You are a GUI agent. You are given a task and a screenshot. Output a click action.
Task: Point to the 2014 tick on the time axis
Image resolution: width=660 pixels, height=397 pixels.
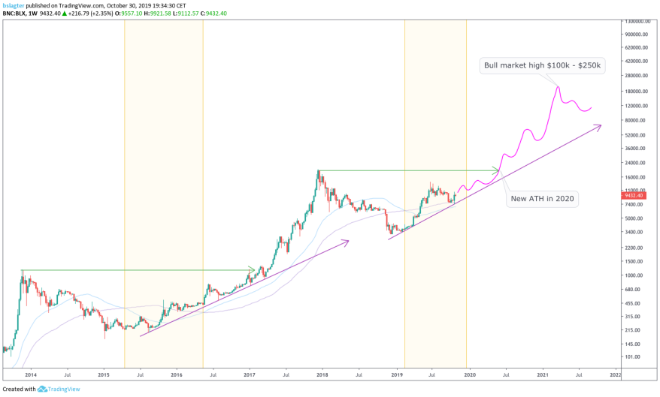point(31,373)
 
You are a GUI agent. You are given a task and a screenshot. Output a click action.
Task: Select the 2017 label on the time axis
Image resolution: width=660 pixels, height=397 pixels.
point(250,373)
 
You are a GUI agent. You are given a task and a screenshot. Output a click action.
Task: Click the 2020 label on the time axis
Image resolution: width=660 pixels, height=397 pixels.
point(469,373)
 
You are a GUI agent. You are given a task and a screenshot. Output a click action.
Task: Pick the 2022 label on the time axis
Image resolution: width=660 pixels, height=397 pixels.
point(614,373)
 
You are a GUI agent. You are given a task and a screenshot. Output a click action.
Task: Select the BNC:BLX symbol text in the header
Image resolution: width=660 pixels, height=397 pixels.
point(16,13)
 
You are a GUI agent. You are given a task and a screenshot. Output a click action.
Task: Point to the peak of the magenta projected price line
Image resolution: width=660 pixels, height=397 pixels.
point(558,86)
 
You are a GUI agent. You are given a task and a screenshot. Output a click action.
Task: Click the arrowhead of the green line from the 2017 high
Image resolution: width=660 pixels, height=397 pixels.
point(496,170)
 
